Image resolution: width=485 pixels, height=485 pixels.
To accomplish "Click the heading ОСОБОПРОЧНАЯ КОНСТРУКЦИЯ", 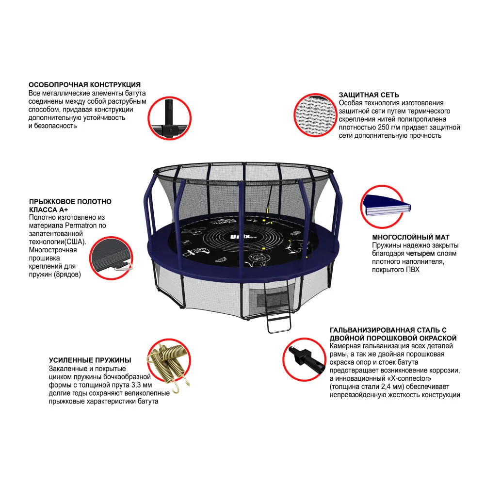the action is [84, 85].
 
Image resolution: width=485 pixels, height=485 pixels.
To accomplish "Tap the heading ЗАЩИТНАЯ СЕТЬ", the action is [369, 95].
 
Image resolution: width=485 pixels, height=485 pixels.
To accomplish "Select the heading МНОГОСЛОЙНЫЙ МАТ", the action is [411, 237].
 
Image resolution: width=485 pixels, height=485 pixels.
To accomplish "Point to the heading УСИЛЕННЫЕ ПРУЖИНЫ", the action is [90, 360].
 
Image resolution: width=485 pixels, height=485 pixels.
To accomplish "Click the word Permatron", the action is [81, 226].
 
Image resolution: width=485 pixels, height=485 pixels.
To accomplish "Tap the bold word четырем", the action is [420, 253].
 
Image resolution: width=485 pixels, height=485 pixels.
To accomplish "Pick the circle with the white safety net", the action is [315, 115].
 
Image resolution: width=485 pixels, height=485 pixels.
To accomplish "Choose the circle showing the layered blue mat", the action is [382, 207].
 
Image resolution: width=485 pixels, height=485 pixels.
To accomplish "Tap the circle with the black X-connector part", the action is [305, 359].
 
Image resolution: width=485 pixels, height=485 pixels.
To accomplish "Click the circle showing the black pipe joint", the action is [169, 118].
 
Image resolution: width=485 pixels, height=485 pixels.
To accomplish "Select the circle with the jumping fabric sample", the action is [111, 259].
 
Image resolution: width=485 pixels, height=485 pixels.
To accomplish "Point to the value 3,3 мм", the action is [139, 385].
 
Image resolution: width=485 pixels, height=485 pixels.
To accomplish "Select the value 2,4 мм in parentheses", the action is [390, 387].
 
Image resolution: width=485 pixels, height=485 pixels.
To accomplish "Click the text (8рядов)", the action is [67, 275].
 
